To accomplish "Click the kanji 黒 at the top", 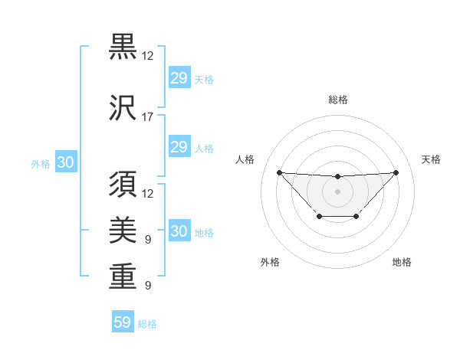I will (x=123, y=47).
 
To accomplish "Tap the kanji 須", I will (x=123, y=185).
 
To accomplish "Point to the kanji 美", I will (x=123, y=230).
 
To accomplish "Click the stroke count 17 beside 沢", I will (x=148, y=117).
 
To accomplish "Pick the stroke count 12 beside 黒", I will (x=148, y=56).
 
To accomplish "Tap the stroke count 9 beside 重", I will (x=148, y=286).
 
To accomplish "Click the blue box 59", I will (x=123, y=322).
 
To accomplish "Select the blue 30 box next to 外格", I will (x=65, y=162).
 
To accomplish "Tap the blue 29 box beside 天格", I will (x=179, y=78).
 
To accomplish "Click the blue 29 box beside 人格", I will (x=179, y=147).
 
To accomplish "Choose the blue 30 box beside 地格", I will (x=179, y=232).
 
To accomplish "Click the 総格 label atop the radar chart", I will (x=337, y=100).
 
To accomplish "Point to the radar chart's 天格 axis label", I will (x=432, y=159).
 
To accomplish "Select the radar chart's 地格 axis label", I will (x=402, y=262).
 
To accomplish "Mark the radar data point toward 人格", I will (x=279, y=172).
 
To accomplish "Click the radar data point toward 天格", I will (x=396, y=172).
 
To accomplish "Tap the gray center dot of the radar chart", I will (x=337, y=191).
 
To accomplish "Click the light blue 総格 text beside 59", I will (x=147, y=324).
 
